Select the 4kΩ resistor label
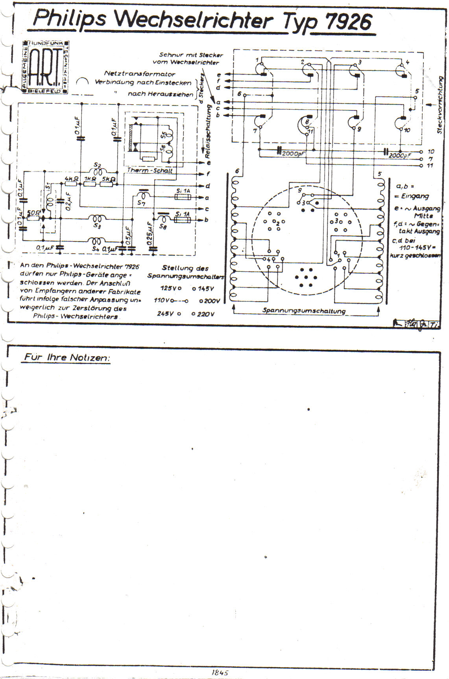point(71,179)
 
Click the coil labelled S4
point(96,241)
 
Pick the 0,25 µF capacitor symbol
point(153,248)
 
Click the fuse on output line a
point(183,197)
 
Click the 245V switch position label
point(165,314)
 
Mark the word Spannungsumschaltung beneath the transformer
point(304,311)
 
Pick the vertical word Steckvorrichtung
point(440,105)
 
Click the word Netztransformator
point(140,74)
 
